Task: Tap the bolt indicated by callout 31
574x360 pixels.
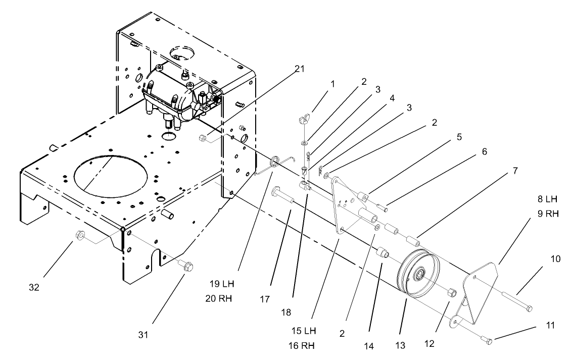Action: pos(184,264)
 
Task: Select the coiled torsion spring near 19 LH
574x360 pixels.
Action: pos(276,163)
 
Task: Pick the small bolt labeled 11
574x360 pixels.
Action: pos(488,342)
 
